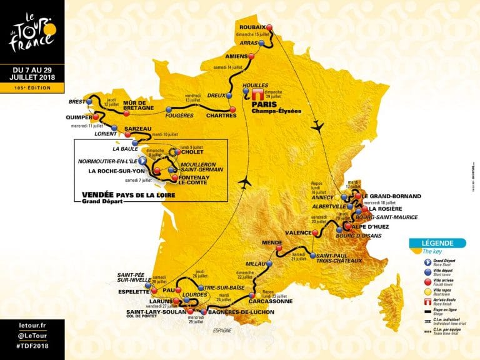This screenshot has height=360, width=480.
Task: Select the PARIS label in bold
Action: point(263,104)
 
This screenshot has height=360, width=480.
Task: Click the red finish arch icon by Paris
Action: point(259,93)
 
